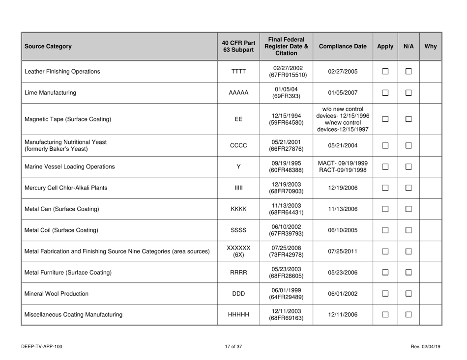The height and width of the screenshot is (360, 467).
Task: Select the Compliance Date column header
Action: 344,47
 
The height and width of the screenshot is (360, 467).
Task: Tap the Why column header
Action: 431,47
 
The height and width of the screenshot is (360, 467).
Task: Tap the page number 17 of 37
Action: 233,347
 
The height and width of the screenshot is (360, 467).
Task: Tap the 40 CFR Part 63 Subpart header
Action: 238,47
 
